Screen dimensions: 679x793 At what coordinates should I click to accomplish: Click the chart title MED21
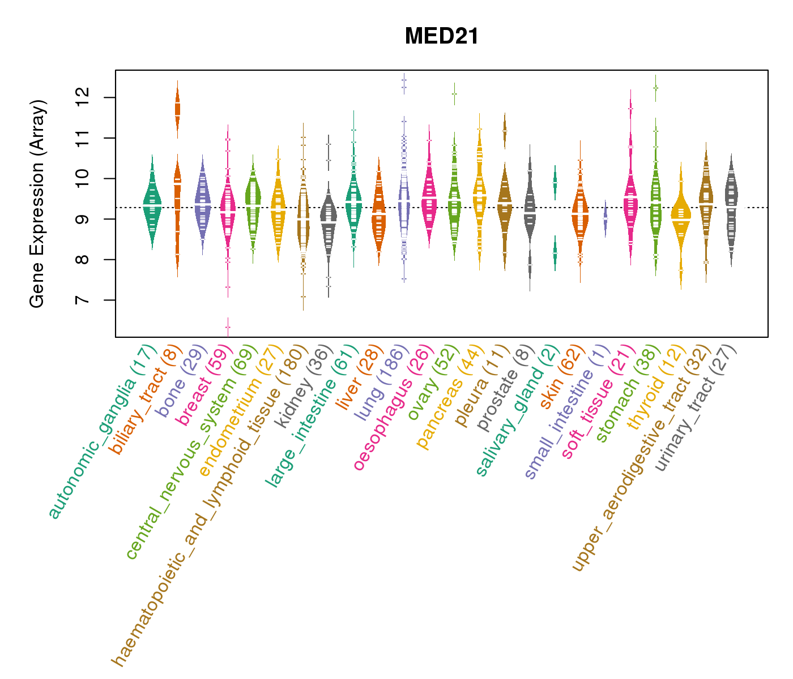pos(442,37)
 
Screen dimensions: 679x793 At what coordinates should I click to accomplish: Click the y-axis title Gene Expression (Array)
pos(37,204)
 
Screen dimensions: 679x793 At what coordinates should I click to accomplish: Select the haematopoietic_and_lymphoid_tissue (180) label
pos(210,504)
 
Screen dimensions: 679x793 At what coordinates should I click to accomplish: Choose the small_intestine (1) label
pos(566,413)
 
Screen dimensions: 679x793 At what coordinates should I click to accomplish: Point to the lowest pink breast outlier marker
pos(228,327)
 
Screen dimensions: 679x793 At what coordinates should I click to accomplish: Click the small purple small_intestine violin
pos(605,218)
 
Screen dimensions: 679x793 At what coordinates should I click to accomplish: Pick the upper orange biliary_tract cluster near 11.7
pos(177,108)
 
